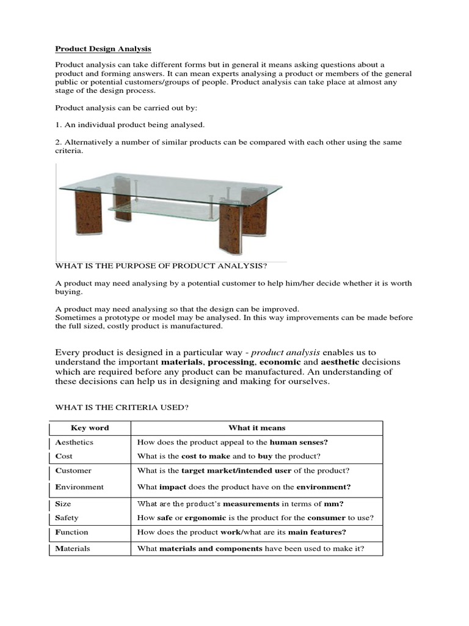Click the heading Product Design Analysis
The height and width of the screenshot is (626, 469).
103,48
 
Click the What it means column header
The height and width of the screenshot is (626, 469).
256,428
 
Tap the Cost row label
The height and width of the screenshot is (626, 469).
64,456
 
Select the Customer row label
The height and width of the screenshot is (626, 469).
73,471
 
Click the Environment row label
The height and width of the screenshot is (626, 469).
79,487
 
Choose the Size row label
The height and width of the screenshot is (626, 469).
64,504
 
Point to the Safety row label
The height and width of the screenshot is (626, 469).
67,518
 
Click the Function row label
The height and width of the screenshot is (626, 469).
71,532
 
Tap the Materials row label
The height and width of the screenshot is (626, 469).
73,548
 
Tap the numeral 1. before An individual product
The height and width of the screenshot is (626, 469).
58,125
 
